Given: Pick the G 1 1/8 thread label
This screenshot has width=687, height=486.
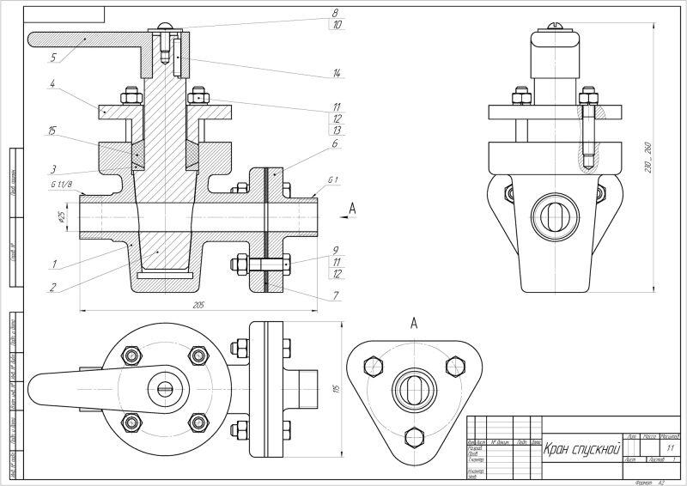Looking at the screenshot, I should coord(62,185).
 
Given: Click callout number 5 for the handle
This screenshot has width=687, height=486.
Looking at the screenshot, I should coord(53,58).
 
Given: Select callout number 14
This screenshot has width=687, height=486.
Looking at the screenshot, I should coord(336,75).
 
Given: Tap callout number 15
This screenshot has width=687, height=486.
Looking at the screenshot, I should coord(52,131).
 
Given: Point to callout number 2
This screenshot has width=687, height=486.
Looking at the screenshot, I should coord(53,287).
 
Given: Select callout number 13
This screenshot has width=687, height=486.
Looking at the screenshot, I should coord(336,131).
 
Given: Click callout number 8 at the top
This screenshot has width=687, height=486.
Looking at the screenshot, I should coord(336,13).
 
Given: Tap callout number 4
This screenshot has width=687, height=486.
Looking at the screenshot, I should coord(52,84).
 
